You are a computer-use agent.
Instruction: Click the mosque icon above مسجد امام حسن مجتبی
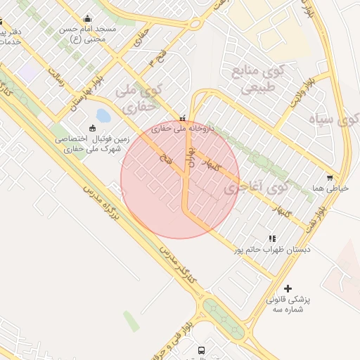click(87, 18)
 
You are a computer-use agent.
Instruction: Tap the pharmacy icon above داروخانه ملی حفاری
click(183, 118)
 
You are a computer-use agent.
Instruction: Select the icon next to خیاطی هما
click(330, 178)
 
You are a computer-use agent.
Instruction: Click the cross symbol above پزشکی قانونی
click(288, 288)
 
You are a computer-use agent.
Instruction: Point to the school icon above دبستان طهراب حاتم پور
click(272, 239)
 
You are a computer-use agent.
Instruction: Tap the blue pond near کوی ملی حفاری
click(103, 115)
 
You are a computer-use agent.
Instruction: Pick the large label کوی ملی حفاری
click(138, 99)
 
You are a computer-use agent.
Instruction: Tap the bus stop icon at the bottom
click(202, 349)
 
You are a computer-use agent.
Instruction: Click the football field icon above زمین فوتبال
click(92, 128)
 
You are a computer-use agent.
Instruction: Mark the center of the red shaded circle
click(180, 180)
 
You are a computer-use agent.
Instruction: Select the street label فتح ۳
click(156, 63)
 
